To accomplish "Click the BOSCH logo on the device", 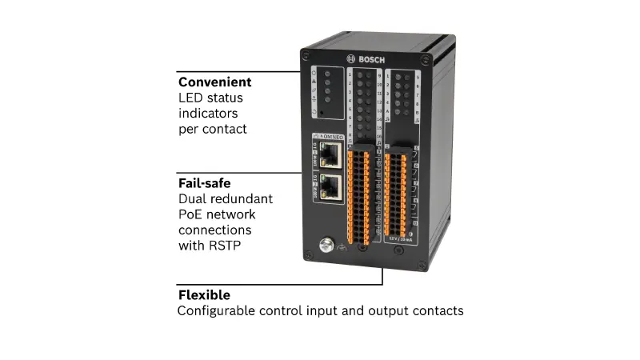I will [x=366, y=58].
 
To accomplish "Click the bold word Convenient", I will [x=214, y=82].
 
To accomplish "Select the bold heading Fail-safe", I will [x=204, y=183].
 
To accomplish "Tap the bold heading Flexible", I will [x=204, y=295].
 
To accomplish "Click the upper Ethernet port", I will [x=328, y=154].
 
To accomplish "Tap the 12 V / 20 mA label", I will [x=397, y=238].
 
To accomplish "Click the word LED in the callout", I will [x=190, y=98].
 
